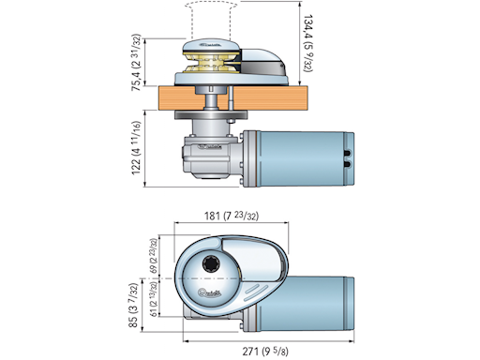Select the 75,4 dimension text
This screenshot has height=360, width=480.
tap(137, 67)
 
